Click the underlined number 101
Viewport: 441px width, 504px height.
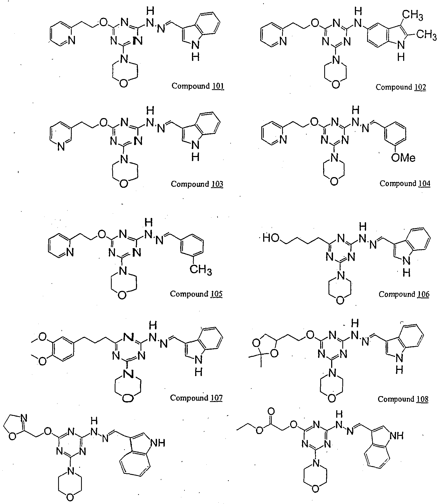[x=218, y=86]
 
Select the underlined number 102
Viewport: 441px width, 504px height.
[x=420, y=87]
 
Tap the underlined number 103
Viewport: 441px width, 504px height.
[x=217, y=184]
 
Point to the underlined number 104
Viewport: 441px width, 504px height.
[x=424, y=184]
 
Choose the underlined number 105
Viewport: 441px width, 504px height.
[x=217, y=294]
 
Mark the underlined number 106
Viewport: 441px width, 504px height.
[x=423, y=294]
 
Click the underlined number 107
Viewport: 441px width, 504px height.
[x=217, y=398]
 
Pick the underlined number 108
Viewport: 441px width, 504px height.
[x=423, y=399]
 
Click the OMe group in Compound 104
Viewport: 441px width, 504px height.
[x=403, y=158]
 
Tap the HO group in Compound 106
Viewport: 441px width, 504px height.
[x=271, y=238]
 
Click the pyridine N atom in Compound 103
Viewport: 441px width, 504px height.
[x=61, y=147]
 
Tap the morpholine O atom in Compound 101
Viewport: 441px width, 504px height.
[x=123, y=83]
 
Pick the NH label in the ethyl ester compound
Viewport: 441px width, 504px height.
[x=396, y=436]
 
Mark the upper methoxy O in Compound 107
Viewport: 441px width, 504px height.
[x=43, y=337]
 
